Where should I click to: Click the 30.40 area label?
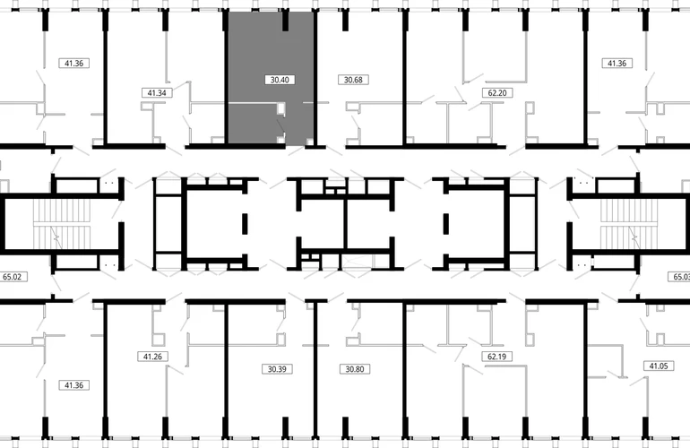280,80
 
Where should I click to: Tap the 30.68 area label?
353,80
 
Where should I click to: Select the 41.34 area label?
157,93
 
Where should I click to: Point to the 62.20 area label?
497,93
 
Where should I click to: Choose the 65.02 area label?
13,277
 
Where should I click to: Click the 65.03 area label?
679,277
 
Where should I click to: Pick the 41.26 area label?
152,357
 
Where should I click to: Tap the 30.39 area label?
277,369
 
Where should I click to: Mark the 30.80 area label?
355,369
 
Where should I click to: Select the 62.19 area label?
496,357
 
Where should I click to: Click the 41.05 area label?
659,366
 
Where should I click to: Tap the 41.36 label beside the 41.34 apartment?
73,64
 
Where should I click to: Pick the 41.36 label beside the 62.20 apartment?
617,64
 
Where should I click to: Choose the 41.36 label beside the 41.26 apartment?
73,385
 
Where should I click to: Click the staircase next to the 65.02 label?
62,224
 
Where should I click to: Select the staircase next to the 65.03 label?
629,224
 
